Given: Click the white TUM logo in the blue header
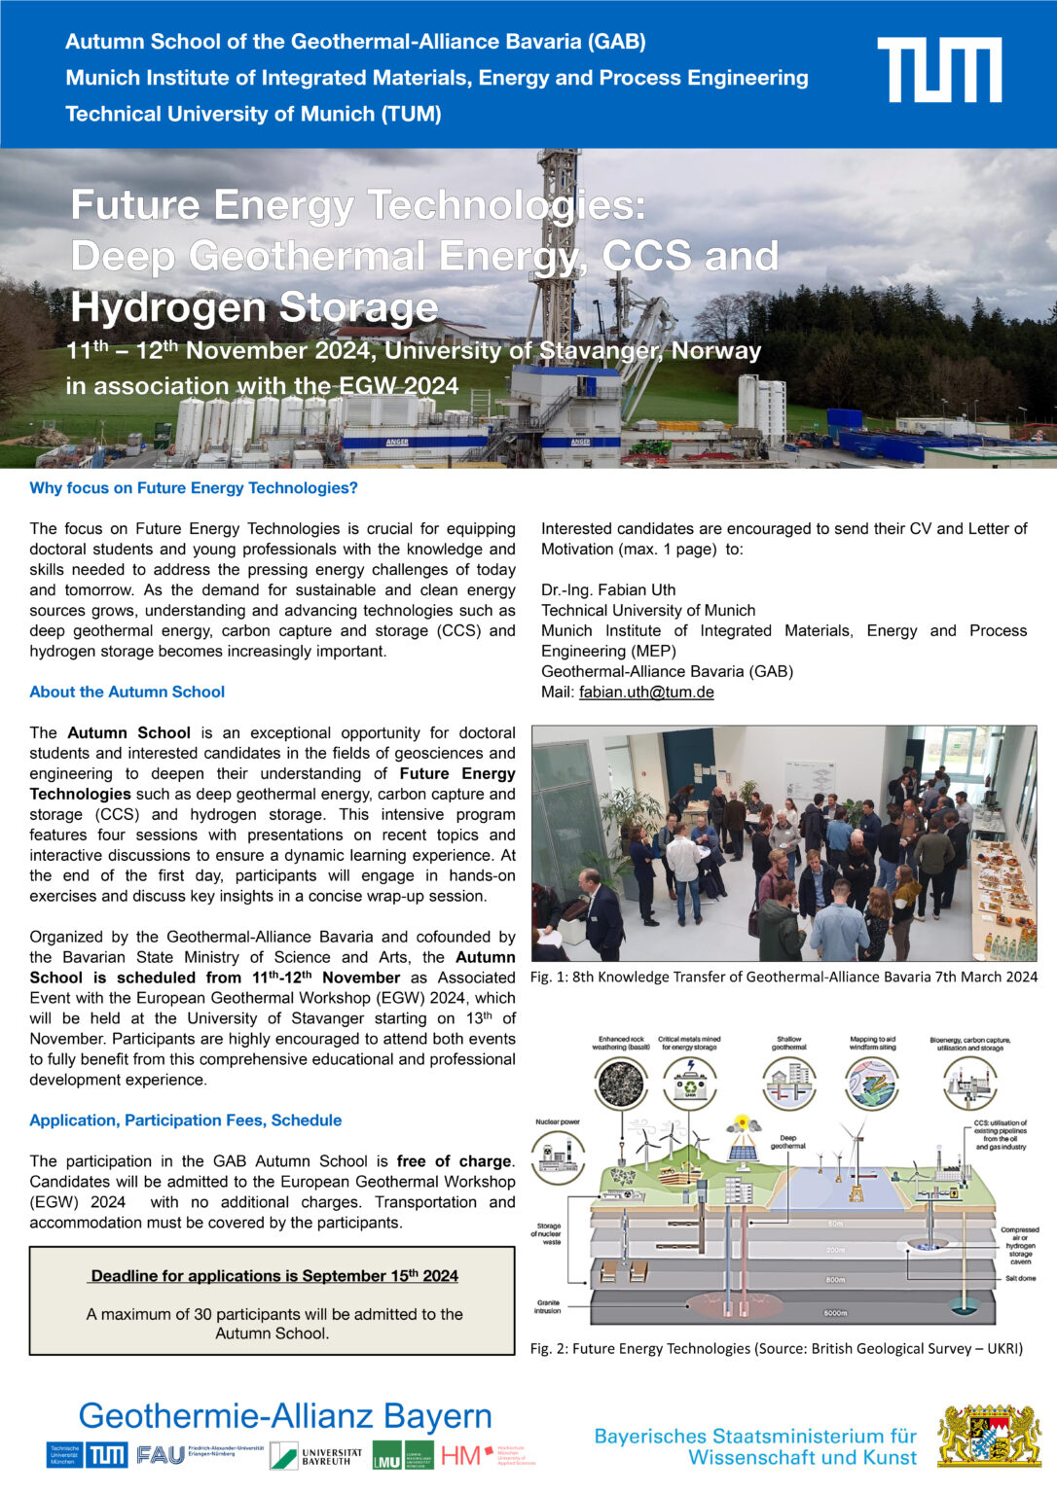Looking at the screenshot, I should (x=938, y=70).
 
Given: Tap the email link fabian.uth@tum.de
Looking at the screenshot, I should (x=646, y=693).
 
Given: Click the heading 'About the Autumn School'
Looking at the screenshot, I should (x=127, y=692).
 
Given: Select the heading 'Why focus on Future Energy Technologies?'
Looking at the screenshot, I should (x=194, y=487).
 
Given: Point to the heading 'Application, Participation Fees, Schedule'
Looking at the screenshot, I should (x=185, y=1120).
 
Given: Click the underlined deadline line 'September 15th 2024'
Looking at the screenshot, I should (x=273, y=1275).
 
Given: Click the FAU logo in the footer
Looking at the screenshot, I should (x=161, y=1455).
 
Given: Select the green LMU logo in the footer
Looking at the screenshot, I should (x=403, y=1455).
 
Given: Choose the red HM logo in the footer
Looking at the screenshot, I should (x=461, y=1455).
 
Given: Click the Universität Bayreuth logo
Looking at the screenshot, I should (x=316, y=1455).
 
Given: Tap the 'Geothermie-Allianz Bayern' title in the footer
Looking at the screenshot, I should (x=285, y=1415).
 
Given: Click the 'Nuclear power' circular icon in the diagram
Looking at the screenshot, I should (x=558, y=1156).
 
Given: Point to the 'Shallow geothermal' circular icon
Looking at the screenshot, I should (x=788, y=1083).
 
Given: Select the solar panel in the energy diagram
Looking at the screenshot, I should (x=743, y=1152).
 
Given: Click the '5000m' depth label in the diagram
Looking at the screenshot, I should (x=835, y=1313).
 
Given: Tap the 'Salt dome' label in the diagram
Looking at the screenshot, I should (x=1020, y=1278).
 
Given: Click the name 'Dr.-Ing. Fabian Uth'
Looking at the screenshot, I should (x=608, y=589).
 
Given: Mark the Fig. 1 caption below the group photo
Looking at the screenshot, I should (x=784, y=977).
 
